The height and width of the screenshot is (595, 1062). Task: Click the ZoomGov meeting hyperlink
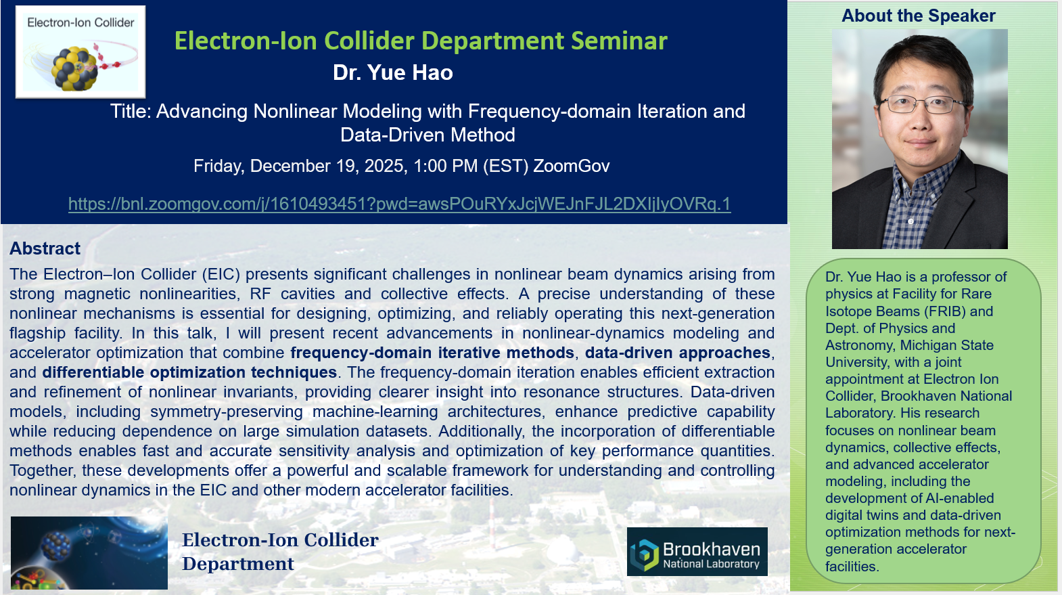pos(399,204)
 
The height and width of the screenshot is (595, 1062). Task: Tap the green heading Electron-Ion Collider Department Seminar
pos(421,41)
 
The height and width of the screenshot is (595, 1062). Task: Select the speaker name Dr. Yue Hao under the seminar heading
pos(393,72)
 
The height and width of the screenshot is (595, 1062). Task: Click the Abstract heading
pos(45,248)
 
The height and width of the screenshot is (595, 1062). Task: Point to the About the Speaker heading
pos(919,16)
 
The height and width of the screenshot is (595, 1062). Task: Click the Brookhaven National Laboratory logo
pos(697,552)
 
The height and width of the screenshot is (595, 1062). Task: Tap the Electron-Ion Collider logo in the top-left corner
pos(80,52)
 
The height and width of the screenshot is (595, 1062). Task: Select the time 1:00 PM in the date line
pos(445,166)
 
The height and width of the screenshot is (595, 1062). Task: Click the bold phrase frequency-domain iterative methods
pos(432,353)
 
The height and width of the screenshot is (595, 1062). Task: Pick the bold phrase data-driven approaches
pos(678,353)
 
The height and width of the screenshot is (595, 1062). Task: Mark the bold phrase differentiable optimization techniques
pos(189,372)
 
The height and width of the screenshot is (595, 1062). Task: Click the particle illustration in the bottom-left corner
pos(89,553)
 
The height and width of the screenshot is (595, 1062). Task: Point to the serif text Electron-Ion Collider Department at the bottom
pos(280,552)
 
